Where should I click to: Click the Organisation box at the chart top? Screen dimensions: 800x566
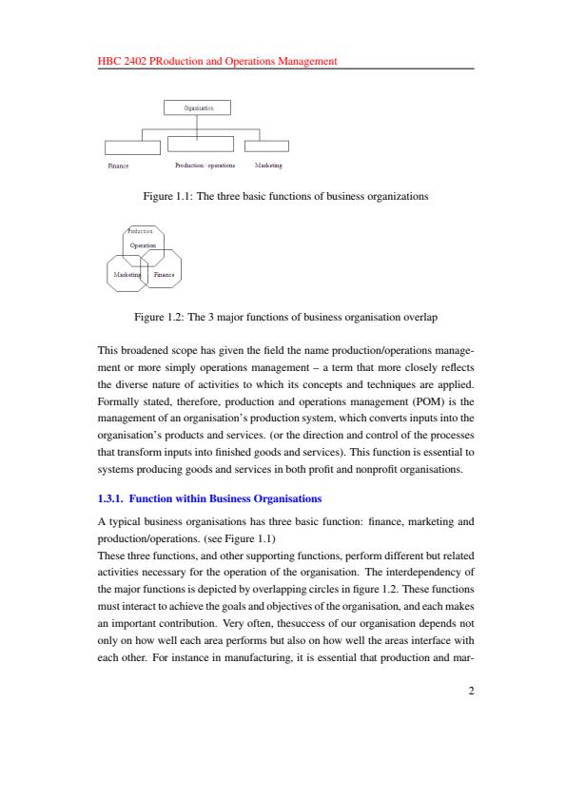click(x=198, y=107)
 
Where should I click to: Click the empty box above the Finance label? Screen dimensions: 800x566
click(x=132, y=146)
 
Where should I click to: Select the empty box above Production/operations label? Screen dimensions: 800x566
click(x=201, y=144)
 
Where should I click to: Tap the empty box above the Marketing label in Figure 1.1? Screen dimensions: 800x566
click(x=266, y=146)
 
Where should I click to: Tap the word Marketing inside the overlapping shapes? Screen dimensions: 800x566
click(x=127, y=275)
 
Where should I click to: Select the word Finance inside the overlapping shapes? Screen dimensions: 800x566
click(x=165, y=275)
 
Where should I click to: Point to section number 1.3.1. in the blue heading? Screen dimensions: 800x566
click(x=115, y=498)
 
